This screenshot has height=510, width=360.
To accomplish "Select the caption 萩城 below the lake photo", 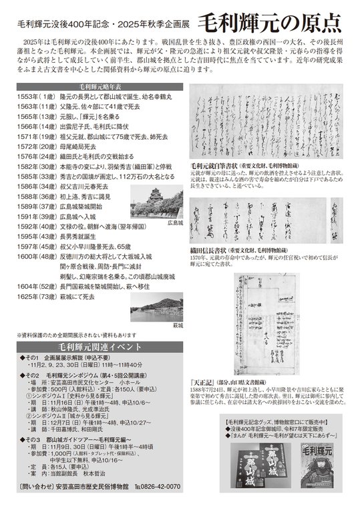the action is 178,326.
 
